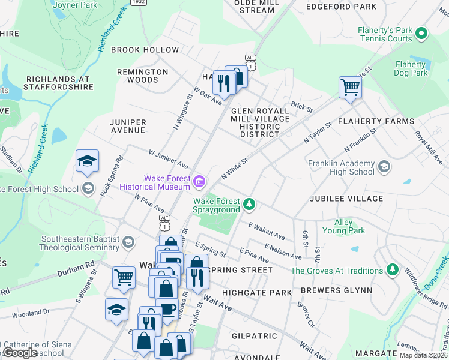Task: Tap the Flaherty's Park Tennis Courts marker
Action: (422, 33)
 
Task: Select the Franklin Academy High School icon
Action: (384, 166)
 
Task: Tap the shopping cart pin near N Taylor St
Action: (349, 88)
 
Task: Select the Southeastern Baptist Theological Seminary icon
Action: (128, 242)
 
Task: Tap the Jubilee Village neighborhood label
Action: (346, 199)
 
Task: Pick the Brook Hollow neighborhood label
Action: (145, 50)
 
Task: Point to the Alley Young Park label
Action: (343, 226)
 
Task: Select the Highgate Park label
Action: (256, 293)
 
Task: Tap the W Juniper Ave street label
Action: (169, 160)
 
